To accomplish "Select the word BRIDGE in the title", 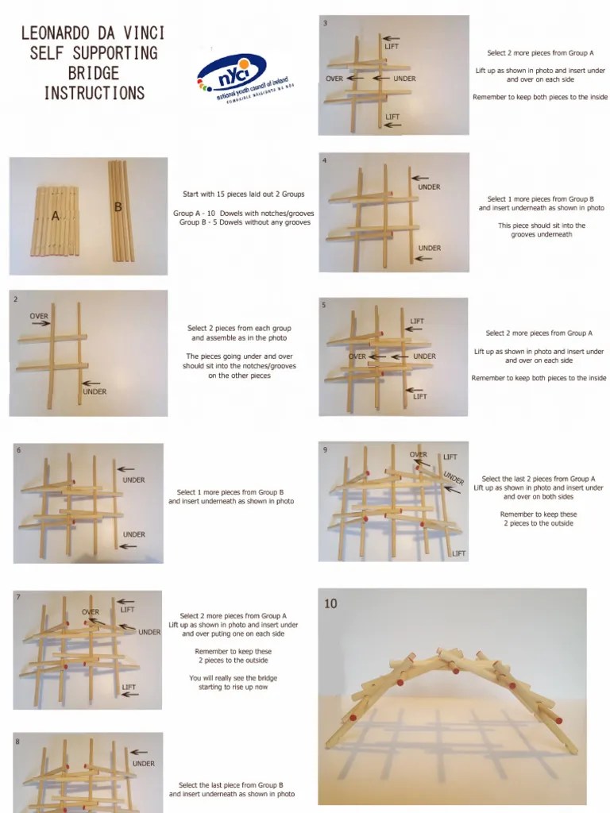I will pos(94,73).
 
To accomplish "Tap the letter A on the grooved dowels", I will pos(56,215).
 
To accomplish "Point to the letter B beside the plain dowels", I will pos(118,206).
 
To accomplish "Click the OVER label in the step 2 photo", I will pos(40,316).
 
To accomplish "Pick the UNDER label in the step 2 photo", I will pos(94,391).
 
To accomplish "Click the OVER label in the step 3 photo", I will pos(334,79).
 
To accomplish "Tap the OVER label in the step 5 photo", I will pos(357,356).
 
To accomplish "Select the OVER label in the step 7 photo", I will pos(91,612).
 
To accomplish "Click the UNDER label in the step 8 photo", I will pos(144,764).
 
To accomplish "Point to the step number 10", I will pos(330,603).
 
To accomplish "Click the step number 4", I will pos(325,161).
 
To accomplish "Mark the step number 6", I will pos(18,451).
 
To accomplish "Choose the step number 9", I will pos(325,450).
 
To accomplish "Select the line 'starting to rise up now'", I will pos(233,687).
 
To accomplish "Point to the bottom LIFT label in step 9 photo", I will pos(458,553).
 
